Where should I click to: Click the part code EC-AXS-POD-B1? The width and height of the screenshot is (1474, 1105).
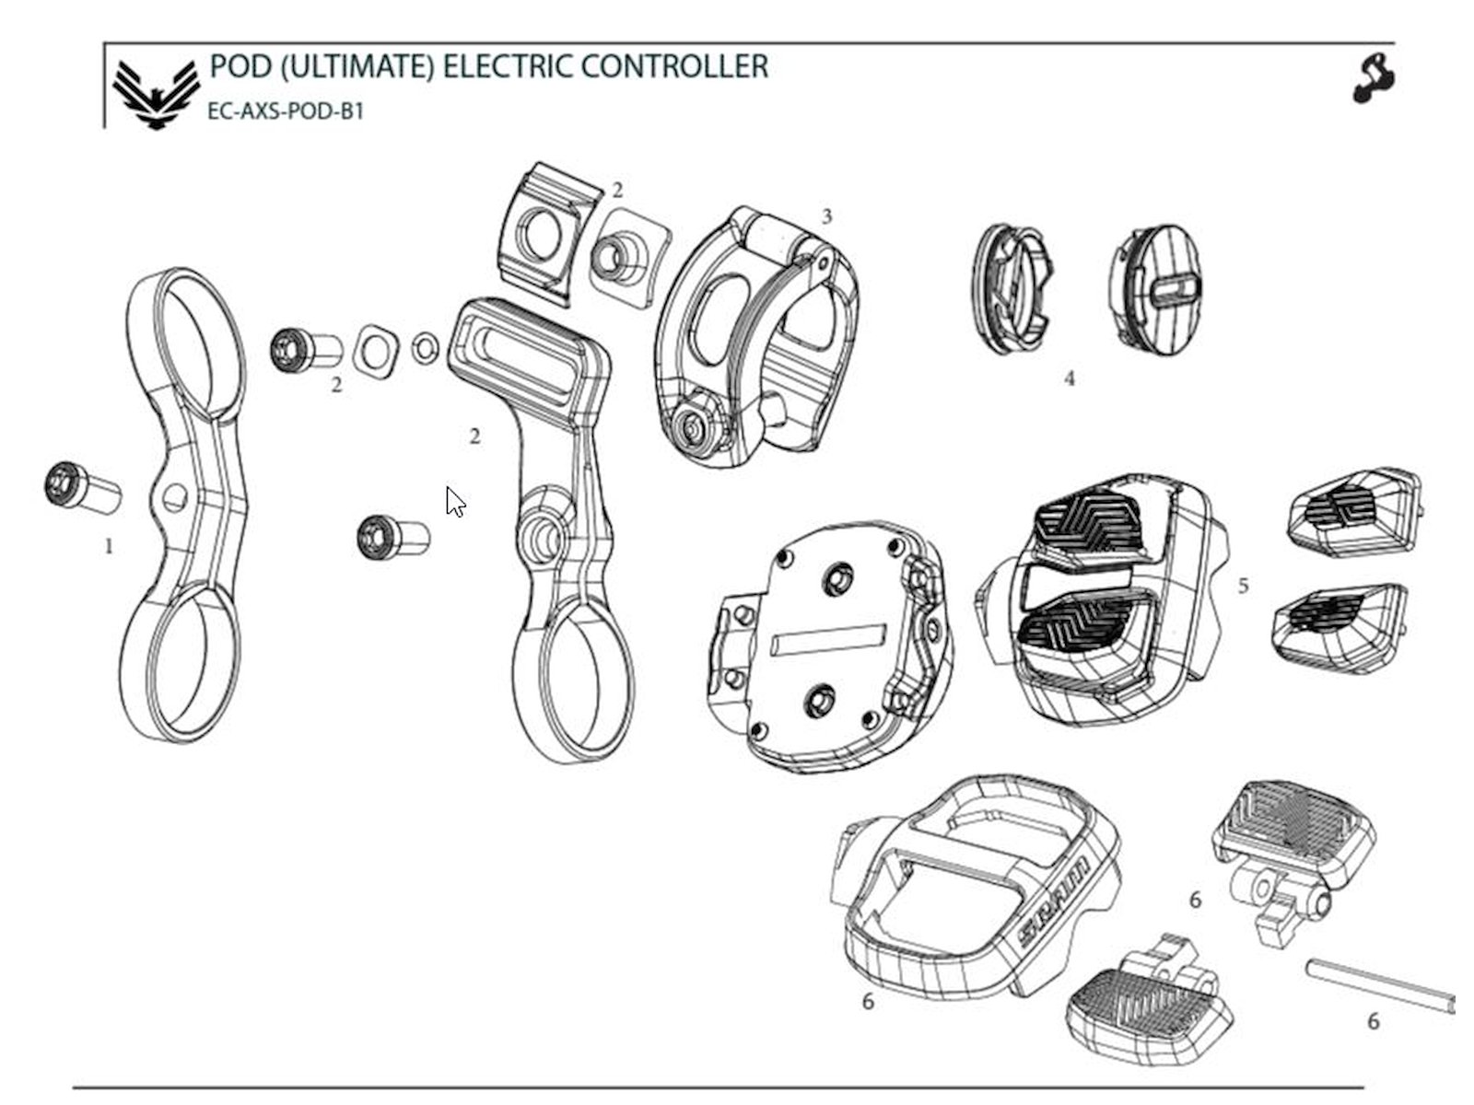(x=286, y=111)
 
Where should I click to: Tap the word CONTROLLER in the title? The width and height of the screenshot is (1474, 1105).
(x=674, y=66)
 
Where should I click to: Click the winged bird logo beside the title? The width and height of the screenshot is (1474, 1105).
(x=156, y=95)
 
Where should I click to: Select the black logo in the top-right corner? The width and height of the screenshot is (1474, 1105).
(x=1374, y=79)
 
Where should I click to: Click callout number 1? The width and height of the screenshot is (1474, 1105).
(x=109, y=547)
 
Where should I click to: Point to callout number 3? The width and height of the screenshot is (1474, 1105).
(x=826, y=216)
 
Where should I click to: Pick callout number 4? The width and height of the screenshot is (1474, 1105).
(x=1069, y=379)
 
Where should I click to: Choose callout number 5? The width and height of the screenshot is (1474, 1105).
(x=1243, y=586)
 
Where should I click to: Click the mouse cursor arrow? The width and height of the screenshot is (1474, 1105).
(x=455, y=502)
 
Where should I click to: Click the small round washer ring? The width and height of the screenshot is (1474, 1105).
(x=425, y=348)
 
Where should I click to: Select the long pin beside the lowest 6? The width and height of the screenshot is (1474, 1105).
(x=1380, y=986)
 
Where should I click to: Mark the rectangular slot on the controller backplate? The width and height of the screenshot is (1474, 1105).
(x=827, y=639)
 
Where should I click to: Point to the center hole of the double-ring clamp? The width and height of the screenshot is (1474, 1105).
(x=175, y=498)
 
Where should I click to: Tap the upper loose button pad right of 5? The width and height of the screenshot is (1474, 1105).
(x=1353, y=511)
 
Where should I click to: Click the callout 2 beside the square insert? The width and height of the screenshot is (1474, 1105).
(x=617, y=191)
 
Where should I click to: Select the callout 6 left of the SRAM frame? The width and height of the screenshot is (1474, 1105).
(x=868, y=1002)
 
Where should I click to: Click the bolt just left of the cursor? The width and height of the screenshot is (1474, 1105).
(x=393, y=537)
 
